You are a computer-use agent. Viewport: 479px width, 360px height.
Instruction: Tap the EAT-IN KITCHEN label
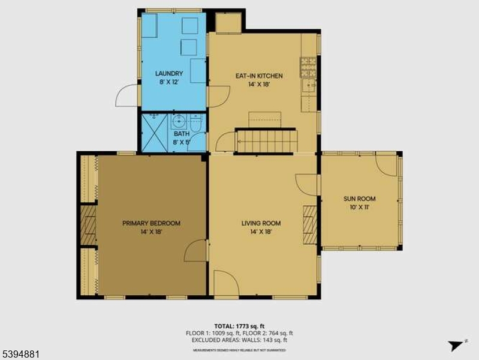(x=258, y=76)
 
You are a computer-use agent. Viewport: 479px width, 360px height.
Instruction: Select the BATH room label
(x=181, y=134)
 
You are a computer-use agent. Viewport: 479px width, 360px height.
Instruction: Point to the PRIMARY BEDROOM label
(x=151, y=223)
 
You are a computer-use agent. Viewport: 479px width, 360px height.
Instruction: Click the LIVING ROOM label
(x=261, y=223)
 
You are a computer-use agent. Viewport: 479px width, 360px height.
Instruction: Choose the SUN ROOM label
(x=360, y=199)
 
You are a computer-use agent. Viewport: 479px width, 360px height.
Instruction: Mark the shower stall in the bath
(x=154, y=133)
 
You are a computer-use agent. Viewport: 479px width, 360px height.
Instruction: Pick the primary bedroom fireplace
(x=88, y=226)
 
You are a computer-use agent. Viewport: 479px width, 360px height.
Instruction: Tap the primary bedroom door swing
(x=196, y=251)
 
